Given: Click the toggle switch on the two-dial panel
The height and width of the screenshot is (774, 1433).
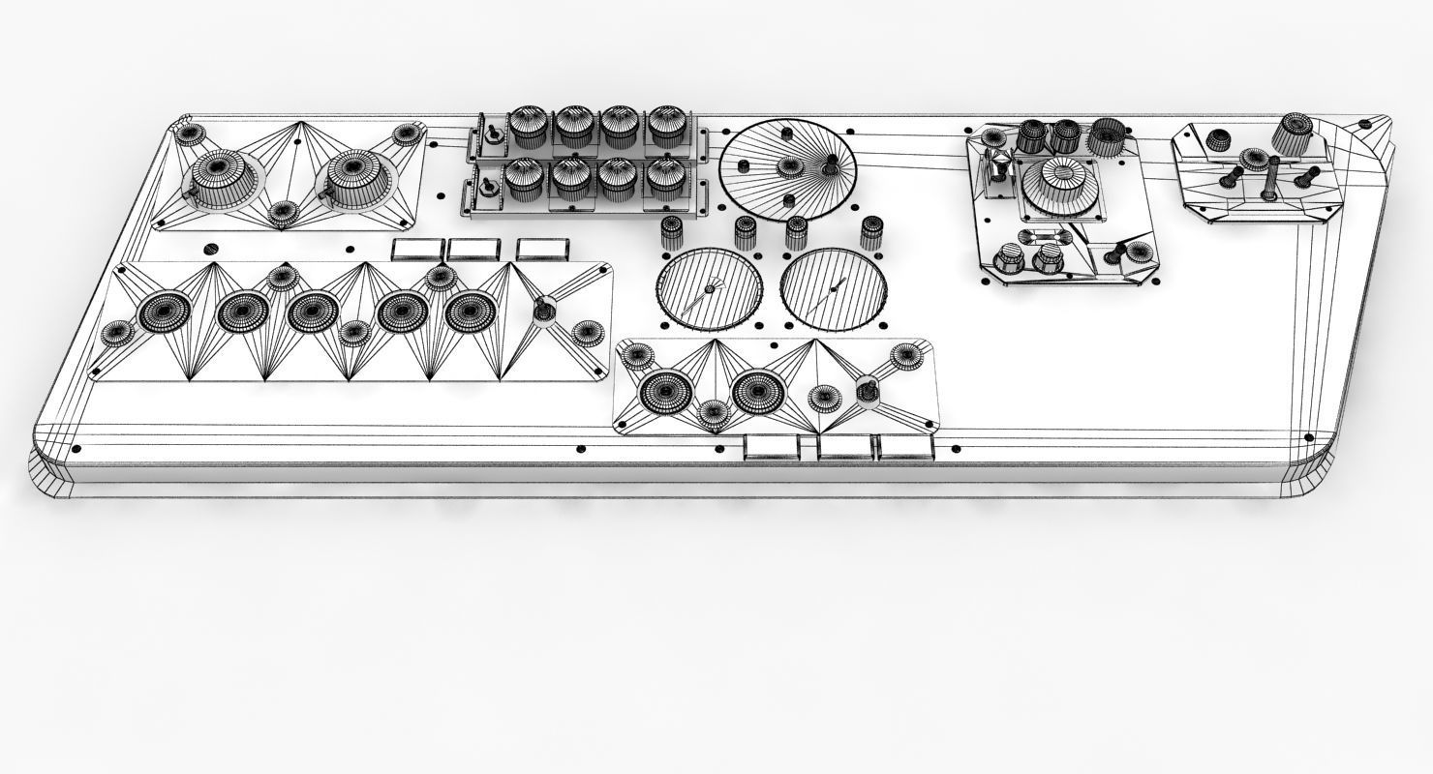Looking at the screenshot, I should (x=868, y=390).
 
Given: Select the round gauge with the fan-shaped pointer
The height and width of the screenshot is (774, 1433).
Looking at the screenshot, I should (x=709, y=288).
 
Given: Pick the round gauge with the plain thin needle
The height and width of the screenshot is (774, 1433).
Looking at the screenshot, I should (x=834, y=288).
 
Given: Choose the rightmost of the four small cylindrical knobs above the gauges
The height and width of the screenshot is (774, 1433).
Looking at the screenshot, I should (x=869, y=233).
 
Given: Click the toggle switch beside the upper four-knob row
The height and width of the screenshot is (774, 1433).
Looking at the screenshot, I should (x=492, y=133).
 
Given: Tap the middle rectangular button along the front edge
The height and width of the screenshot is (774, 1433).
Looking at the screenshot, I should (x=845, y=447).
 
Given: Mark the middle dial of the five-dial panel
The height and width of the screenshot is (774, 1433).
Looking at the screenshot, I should (x=313, y=312).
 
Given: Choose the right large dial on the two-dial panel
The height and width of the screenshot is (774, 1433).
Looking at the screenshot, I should (x=758, y=391).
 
